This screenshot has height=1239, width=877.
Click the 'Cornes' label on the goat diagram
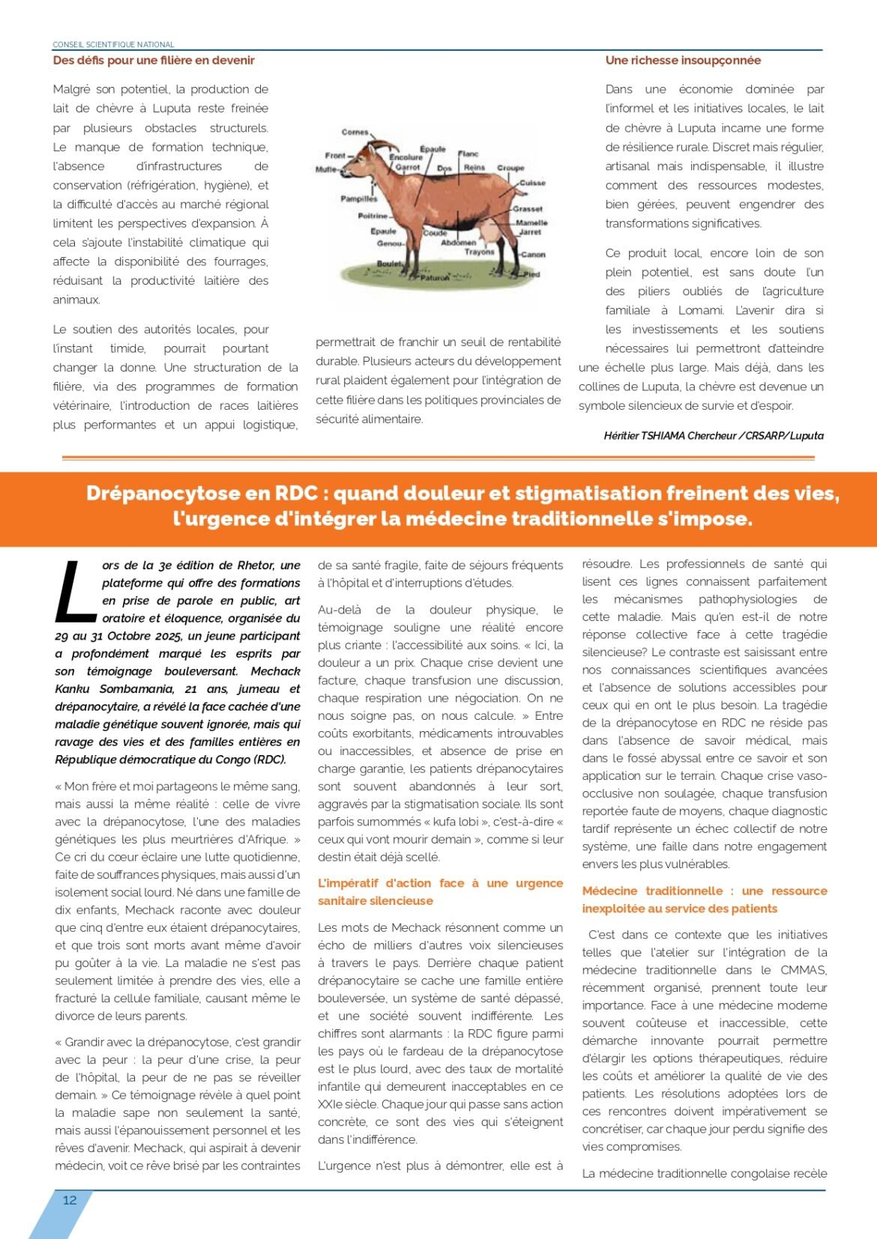[x=355, y=132]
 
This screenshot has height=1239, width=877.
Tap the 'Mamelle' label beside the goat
[x=531, y=222]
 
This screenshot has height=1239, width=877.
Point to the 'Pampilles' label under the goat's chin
[x=359, y=199]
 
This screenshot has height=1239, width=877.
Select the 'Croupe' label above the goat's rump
[x=510, y=168]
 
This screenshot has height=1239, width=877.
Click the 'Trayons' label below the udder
[x=479, y=252]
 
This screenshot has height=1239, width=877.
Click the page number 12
[x=70, y=1200]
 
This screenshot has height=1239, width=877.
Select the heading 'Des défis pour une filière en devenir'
[x=154, y=61]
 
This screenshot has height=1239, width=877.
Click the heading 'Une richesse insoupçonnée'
[x=683, y=61]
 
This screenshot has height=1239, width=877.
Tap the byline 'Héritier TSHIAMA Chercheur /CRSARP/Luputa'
[x=714, y=436]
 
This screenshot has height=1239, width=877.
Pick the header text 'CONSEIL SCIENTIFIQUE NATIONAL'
[x=113, y=44]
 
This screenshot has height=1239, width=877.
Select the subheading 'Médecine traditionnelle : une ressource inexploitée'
[x=705, y=900]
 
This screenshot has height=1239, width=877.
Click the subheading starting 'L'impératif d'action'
[x=440, y=892]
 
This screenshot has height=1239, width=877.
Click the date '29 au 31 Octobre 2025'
[x=120, y=636]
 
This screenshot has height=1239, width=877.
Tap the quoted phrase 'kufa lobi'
[x=455, y=822]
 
